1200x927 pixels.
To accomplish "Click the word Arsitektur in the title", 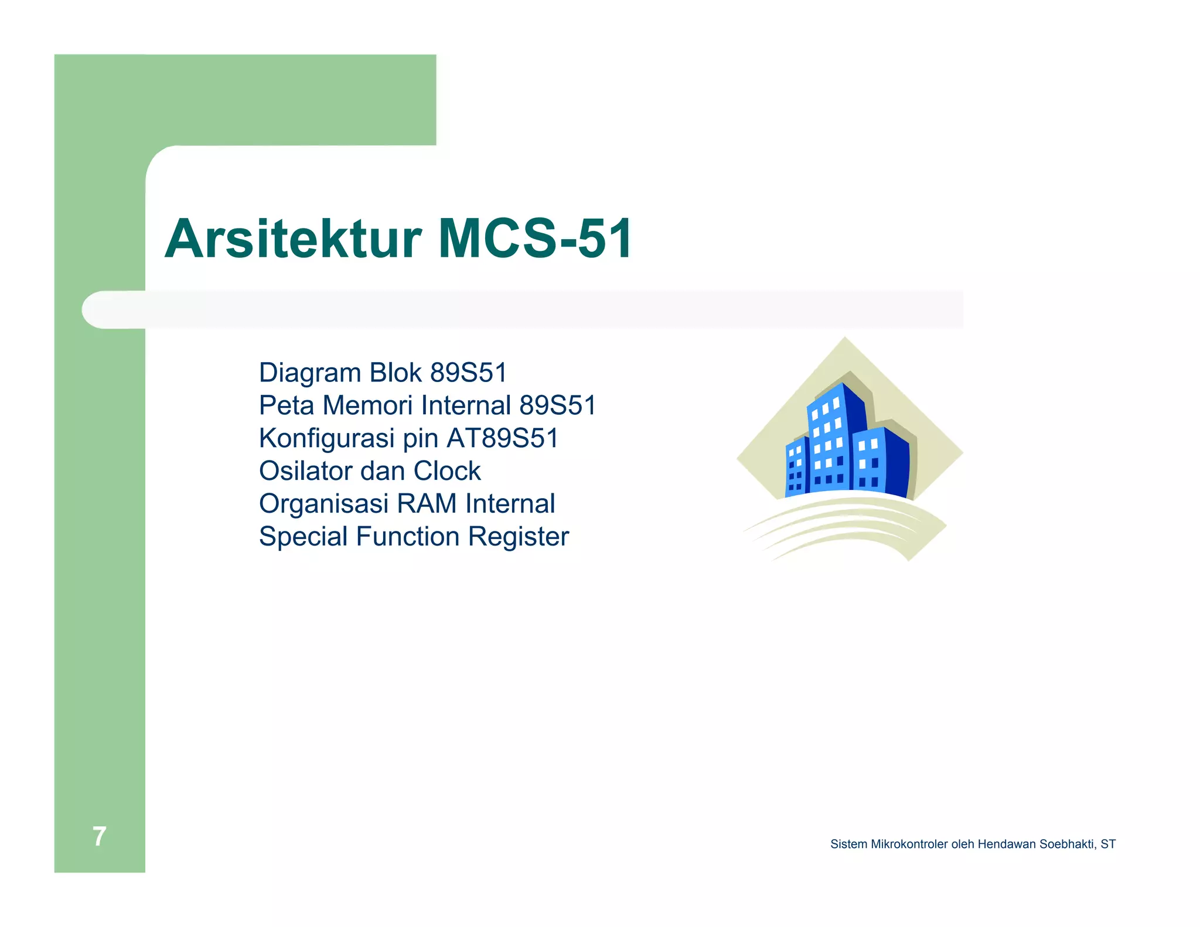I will (x=292, y=238).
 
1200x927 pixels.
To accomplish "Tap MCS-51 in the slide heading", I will (x=535, y=238).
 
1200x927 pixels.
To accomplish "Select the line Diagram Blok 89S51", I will (x=383, y=373).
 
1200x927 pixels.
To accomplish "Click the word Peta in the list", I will (x=287, y=405).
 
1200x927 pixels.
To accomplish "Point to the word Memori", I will (x=367, y=405).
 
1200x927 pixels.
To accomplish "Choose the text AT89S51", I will (x=503, y=438).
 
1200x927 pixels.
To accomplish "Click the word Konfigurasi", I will (x=326, y=438).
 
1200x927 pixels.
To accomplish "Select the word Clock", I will (x=446, y=471).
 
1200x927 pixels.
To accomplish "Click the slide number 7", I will (x=100, y=836).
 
